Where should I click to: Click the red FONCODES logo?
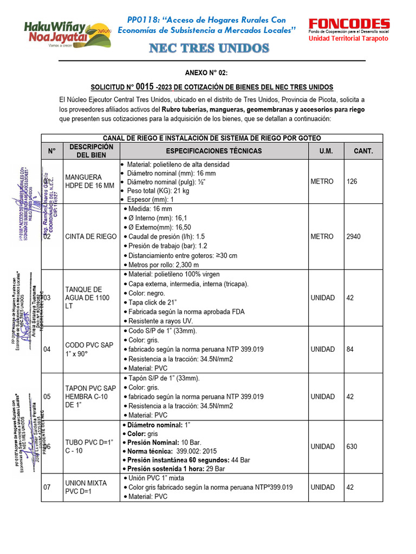(349, 24)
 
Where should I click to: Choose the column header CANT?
(363, 151)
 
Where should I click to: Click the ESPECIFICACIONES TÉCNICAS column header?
(213, 151)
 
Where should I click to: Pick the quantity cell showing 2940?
(354, 236)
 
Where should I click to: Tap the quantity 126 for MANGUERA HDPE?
(352, 181)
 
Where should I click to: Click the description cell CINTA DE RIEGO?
(90, 236)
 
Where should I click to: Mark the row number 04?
(47, 349)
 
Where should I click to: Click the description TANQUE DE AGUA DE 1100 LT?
(87, 298)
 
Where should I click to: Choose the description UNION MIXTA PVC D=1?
(86, 487)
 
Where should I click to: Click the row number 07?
(47, 487)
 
